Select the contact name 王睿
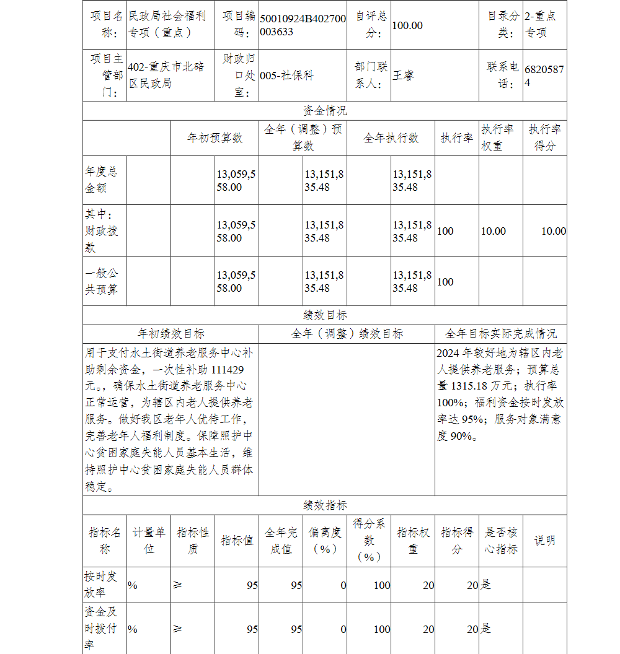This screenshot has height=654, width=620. click(x=403, y=76)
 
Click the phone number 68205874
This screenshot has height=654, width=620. click(x=544, y=76)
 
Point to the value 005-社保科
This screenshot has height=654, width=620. click(x=286, y=76)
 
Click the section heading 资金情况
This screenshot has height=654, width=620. click(x=325, y=111)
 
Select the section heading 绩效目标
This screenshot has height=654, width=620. click(x=325, y=315)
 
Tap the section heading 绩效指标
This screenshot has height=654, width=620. click(x=325, y=505)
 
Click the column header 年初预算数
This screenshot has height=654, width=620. click(x=215, y=138)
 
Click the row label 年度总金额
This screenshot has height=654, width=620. click(x=101, y=180)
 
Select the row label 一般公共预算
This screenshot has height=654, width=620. click(x=101, y=281)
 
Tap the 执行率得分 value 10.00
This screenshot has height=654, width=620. click(x=553, y=231)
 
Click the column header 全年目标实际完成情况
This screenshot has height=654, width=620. click(x=501, y=334)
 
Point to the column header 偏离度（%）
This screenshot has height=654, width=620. click(x=325, y=541)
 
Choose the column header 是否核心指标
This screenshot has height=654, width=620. click(x=501, y=541)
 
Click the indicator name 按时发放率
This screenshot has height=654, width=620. click(x=101, y=584)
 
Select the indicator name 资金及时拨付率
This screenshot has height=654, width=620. click(x=101, y=629)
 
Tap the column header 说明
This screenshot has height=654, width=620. click(x=544, y=541)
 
